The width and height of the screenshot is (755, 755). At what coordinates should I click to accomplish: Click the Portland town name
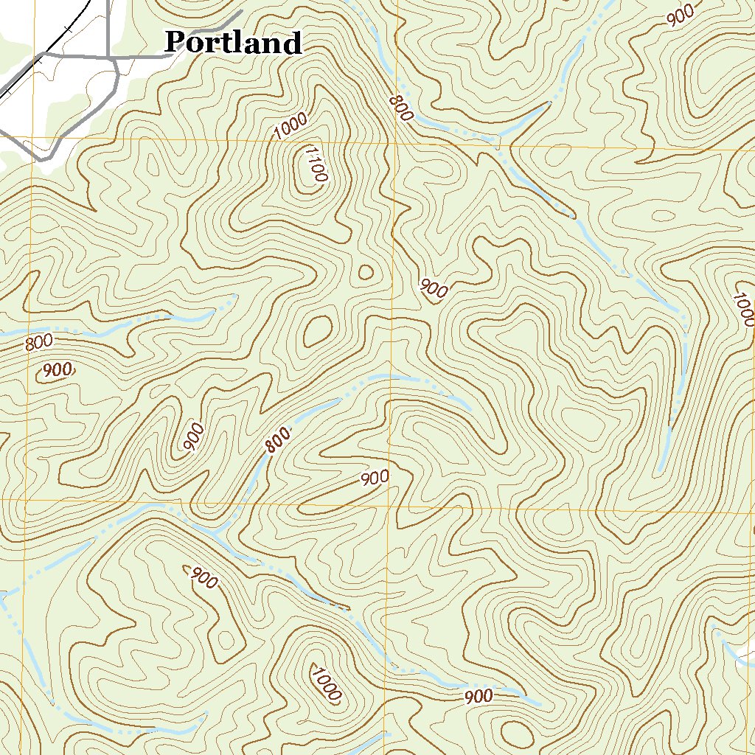click(233, 42)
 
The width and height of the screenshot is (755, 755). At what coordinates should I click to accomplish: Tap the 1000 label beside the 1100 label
click(290, 128)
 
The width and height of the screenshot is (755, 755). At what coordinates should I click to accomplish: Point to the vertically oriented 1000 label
click(744, 309)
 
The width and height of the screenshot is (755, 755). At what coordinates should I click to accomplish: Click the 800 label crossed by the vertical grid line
click(400, 108)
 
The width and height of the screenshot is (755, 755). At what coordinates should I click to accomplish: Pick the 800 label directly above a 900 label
click(38, 343)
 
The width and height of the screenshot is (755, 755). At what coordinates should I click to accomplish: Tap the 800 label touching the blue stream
click(277, 441)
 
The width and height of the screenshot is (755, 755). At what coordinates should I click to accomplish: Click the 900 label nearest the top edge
click(681, 14)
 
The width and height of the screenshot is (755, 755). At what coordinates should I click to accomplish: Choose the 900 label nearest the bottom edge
click(479, 696)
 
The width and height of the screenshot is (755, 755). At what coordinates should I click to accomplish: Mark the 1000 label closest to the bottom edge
click(325, 683)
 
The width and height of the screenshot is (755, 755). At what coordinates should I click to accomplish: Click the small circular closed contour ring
click(365, 272)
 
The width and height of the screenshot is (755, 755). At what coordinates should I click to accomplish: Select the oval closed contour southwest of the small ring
click(318, 331)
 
